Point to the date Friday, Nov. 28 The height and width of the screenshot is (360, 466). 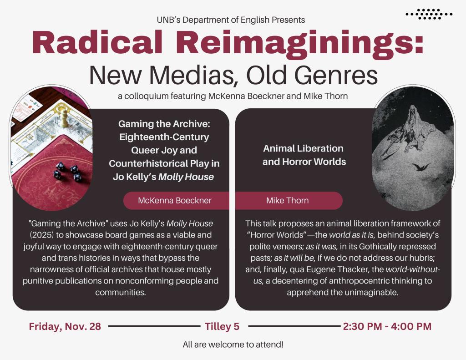tap(65, 326)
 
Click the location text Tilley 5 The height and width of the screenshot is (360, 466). tap(222, 326)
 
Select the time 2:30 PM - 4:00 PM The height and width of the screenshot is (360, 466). tap(387, 326)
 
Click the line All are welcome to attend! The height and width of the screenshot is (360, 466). tap(233, 345)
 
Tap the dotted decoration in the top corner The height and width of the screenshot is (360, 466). tap(429, 14)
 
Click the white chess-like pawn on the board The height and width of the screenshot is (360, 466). tap(65, 118)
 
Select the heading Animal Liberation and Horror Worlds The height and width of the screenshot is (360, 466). tap(304, 155)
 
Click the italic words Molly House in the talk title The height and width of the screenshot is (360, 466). tap(186, 177)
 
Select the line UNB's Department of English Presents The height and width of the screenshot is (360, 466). tap(231, 20)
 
